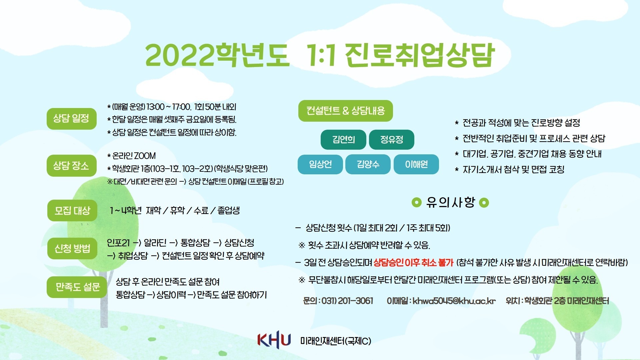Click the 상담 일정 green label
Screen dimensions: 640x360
[x=72, y=119]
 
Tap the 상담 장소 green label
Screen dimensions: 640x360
[x=72, y=166]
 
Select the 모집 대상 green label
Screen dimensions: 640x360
[x=72, y=211]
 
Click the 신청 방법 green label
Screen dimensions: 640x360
[x=72, y=249]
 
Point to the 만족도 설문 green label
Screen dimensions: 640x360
[x=77, y=287]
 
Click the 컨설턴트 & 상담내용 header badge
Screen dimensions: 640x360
[x=346, y=111]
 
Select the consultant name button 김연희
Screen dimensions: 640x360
[x=343, y=140]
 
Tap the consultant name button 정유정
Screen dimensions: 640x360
[x=392, y=140]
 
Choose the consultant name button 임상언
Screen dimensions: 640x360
[x=320, y=164]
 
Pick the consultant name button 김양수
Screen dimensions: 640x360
[x=368, y=164]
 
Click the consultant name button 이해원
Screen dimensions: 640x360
[x=416, y=164]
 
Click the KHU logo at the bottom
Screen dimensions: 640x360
[x=274, y=340]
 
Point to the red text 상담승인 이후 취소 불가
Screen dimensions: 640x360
[x=414, y=263]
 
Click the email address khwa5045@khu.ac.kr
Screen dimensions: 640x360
[x=454, y=301]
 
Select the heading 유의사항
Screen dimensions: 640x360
[x=451, y=202]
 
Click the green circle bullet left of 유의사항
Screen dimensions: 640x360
[x=417, y=202]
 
